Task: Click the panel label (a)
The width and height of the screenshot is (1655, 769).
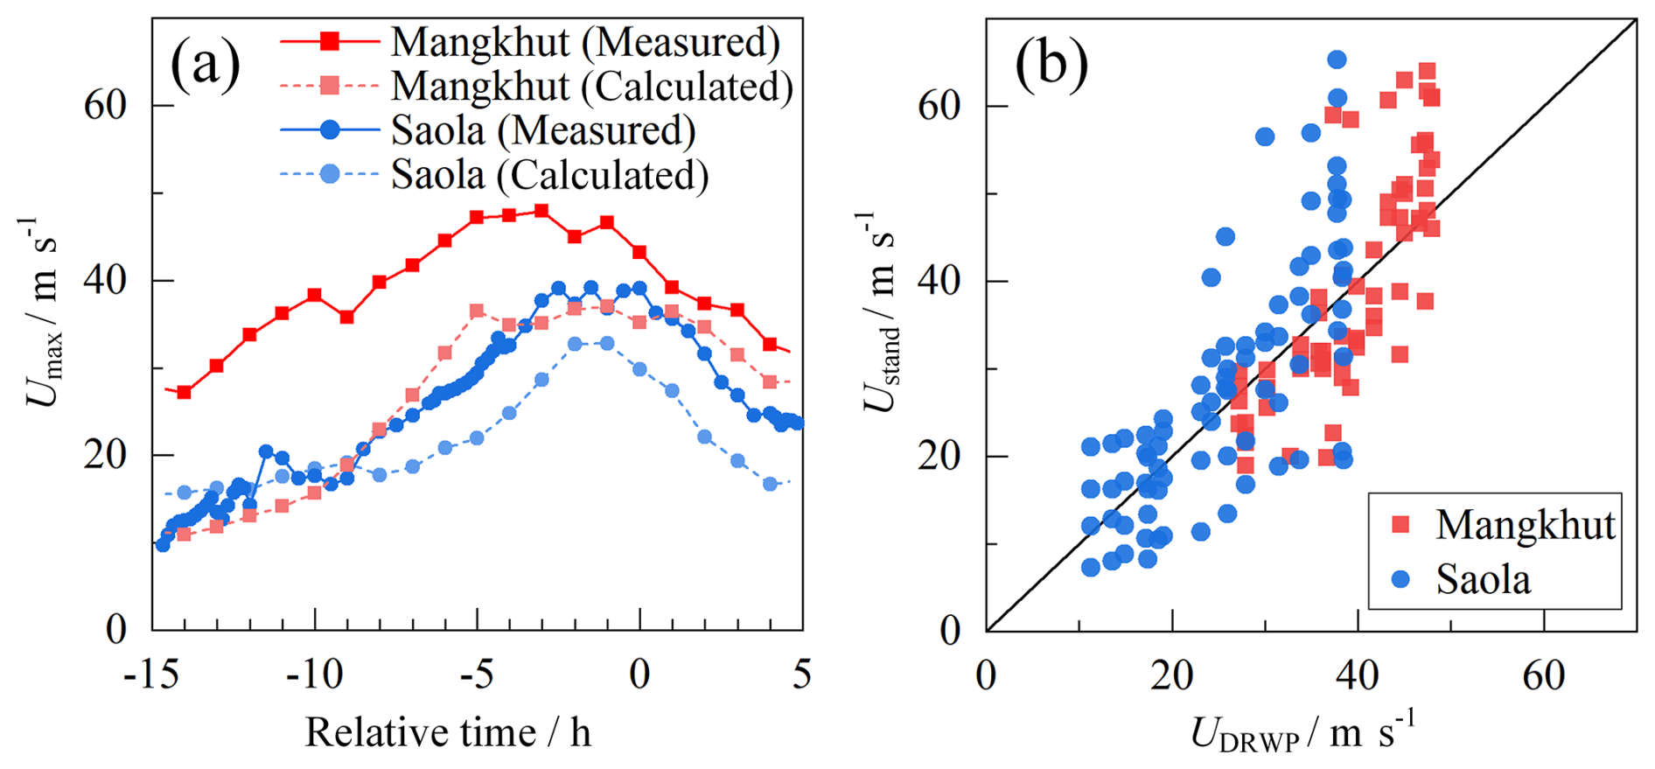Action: [x=205, y=64]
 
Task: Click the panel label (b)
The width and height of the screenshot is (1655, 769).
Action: [x=1051, y=64]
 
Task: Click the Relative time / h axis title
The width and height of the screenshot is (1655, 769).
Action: [x=448, y=732]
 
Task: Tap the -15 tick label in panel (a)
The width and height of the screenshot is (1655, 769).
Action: [x=152, y=675]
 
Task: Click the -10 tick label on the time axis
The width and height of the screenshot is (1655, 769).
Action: [x=314, y=675]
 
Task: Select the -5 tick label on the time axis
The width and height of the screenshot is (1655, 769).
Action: [x=477, y=675]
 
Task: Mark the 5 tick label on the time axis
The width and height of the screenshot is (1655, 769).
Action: [x=802, y=675]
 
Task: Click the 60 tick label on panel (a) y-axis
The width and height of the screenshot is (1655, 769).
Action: [x=105, y=105]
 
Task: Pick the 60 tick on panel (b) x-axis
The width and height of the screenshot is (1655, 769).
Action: [x=1543, y=675]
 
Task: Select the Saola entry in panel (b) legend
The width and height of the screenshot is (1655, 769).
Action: [x=1483, y=579]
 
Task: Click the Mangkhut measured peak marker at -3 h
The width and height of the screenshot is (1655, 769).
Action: [x=541, y=211]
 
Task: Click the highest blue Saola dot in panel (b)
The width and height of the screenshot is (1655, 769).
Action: [x=1337, y=59]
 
